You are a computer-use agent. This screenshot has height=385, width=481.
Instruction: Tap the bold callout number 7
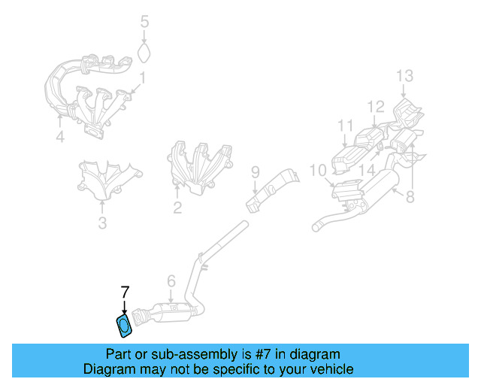[125, 293]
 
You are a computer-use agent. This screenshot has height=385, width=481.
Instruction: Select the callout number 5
[144, 22]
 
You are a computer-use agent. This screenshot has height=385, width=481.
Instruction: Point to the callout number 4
[60, 137]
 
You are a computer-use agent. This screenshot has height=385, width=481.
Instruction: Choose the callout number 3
[102, 223]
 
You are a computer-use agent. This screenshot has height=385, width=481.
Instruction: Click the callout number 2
[177, 208]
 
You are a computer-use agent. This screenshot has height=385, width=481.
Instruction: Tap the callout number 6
[171, 281]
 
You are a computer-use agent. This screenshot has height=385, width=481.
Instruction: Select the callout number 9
[256, 172]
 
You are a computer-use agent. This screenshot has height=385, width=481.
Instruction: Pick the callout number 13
[404, 75]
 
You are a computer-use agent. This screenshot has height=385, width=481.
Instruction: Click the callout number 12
[376, 106]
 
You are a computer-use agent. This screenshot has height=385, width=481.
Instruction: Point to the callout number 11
[346, 126]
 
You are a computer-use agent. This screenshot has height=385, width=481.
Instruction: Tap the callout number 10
[318, 170]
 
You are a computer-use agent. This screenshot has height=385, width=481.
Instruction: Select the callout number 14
[367, 170]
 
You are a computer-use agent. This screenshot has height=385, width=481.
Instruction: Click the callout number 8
[410, 196]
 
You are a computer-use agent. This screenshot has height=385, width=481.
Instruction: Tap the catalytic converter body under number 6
[174, 313]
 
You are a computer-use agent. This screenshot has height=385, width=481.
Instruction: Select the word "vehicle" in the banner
[335, 368]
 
